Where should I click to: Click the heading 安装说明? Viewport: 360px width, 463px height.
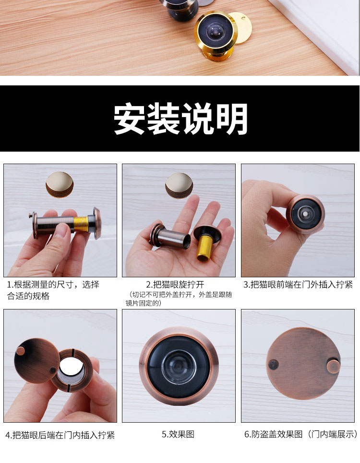pos(180,119)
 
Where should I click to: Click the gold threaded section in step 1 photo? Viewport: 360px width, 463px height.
pos(80,224)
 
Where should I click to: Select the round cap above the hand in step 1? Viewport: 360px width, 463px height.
pos(60,185)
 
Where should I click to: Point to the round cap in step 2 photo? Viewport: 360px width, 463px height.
pos(179,185)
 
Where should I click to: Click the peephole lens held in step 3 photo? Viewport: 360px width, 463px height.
pos(305,214)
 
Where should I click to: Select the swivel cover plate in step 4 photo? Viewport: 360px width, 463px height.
pos(36,360)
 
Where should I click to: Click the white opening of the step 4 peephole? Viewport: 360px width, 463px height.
pos(72,368)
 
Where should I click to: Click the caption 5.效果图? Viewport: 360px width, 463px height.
pos(178,434)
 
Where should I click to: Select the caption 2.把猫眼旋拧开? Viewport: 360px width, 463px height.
pos(175,285)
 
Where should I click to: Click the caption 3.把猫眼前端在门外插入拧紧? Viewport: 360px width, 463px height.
pos(298,285)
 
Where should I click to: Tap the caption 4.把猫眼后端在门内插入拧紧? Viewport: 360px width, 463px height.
pos(60,435)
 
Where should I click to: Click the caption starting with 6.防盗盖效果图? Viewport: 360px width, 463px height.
pos(300,434)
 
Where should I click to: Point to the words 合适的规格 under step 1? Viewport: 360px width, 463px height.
pos(28,296)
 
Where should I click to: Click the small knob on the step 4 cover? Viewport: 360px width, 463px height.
pos(21,351)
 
